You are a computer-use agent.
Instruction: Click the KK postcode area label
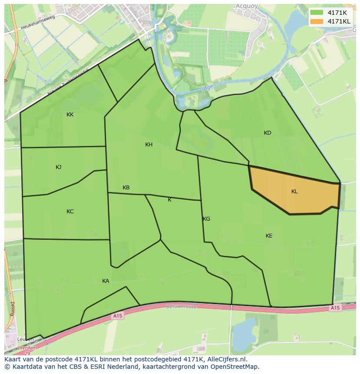[70, 115]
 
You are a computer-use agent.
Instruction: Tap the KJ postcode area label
[59, 167]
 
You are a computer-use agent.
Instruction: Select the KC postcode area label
[70, 212]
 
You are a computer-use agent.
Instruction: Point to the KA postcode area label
[106, 281]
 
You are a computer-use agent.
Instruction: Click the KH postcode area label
[149, 145]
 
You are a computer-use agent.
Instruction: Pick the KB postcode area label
[126, 188]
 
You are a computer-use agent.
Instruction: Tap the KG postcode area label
[207, 219]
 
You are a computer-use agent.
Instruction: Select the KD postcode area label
[267, 133]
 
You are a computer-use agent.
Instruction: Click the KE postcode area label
[269, 236]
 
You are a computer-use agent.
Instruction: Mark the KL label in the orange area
[294, 192]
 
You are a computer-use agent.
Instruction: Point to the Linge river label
[206, 88]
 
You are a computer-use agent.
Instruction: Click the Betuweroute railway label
[181, 306]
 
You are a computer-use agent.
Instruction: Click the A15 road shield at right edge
[334, 308]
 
